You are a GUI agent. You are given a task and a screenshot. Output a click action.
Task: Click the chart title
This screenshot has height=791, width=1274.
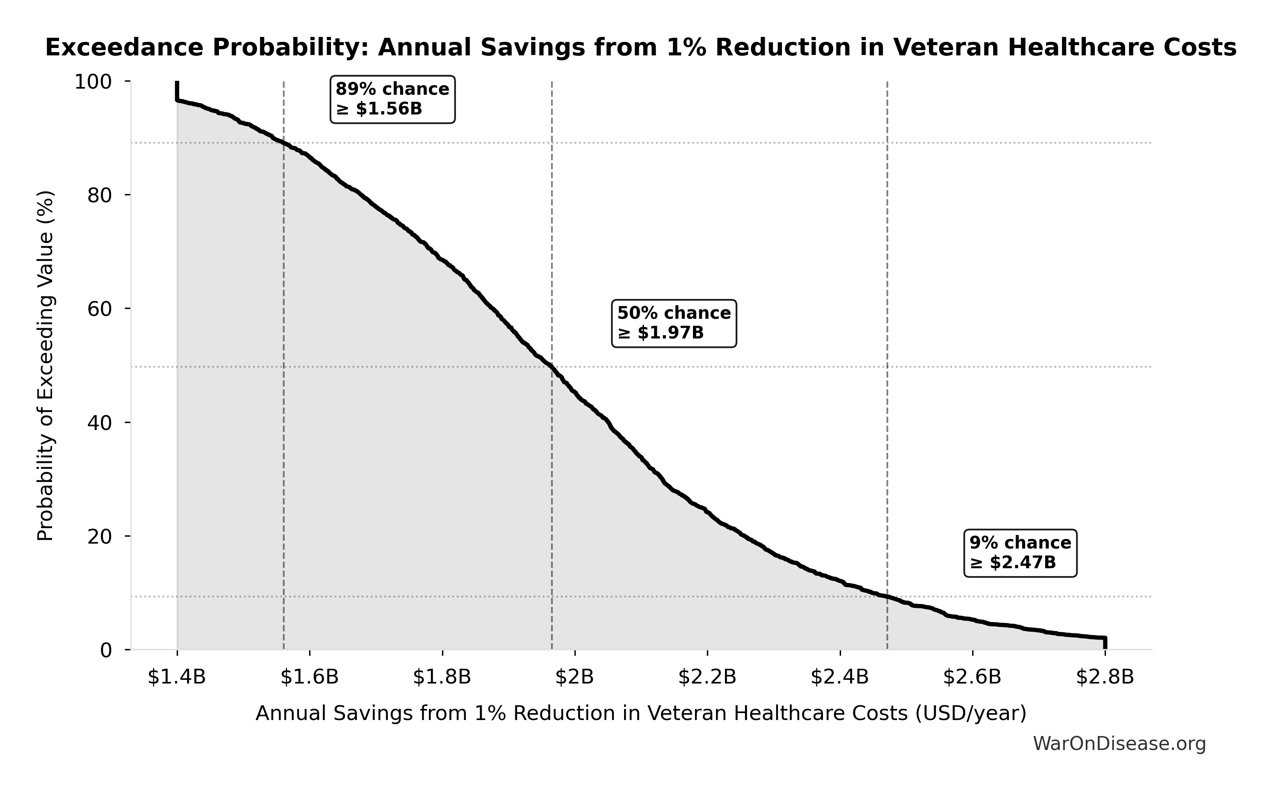click(x=640, y=48)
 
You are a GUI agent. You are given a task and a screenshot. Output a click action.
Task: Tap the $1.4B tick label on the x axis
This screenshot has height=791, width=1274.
click(x=177, y=677)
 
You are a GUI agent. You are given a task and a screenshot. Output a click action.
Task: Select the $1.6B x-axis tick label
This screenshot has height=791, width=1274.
click(x=310, y=677)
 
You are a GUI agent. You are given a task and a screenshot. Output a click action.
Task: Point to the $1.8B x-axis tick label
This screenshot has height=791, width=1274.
click(x=442, y=677)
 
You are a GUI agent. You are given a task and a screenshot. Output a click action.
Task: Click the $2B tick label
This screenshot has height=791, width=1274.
click(x=574, y=677)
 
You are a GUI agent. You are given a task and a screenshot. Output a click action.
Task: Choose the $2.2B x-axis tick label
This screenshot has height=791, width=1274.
click(x=707, y=677)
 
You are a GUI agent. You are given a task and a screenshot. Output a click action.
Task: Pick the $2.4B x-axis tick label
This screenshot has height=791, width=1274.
click(x=840, y=677)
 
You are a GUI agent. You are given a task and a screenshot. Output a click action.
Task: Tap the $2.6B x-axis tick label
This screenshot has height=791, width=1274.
click(x=972, y=677)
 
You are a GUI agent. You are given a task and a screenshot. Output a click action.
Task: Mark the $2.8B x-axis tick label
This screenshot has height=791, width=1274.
click(x=1105, y=677)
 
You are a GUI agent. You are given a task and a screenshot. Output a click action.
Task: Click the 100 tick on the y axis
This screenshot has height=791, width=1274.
click(x=93, y=82)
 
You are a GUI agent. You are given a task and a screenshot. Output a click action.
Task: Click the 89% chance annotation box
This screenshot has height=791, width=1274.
click(x=392, y=99)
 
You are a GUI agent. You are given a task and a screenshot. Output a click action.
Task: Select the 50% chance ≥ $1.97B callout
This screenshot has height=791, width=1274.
click(x=674, y=323)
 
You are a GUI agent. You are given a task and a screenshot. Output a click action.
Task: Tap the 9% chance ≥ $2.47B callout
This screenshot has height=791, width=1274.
click(x=1020, y=553)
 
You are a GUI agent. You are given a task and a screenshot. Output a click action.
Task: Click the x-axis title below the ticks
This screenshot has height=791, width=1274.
click(x=641, y=713)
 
